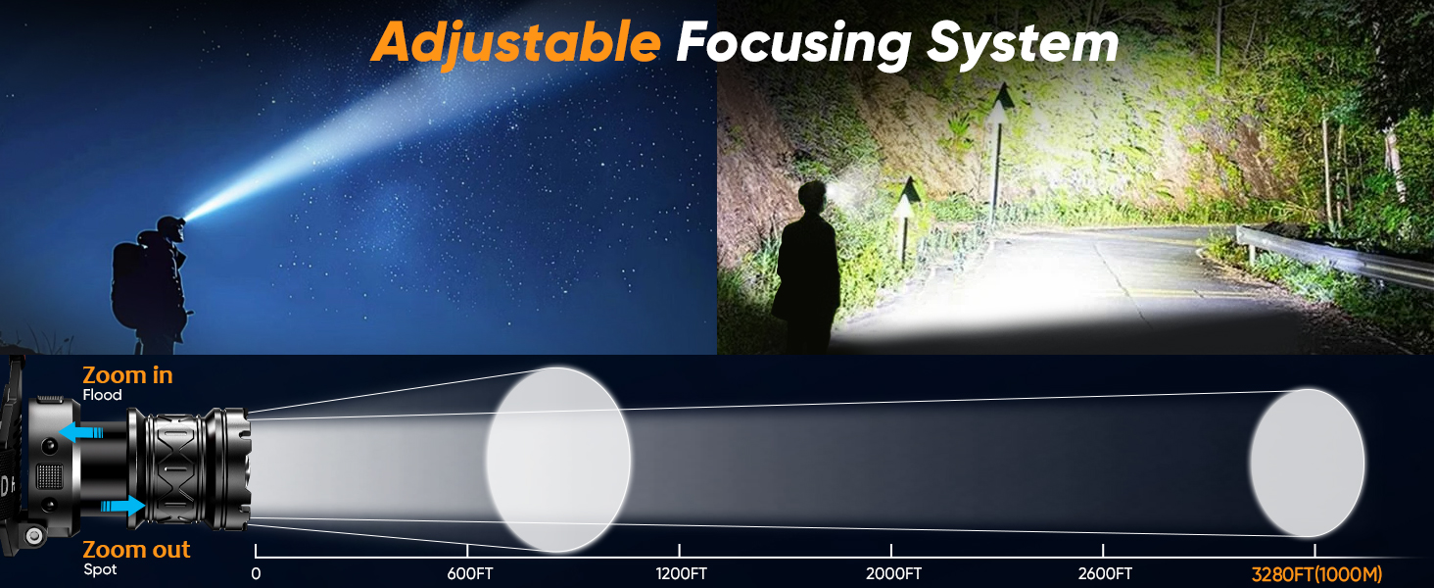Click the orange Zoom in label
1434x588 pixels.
(x=127, y=374)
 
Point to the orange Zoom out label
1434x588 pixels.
(x=136, y=549)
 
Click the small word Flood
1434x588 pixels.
(x=103, y=395)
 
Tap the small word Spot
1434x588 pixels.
(x=100, y=569)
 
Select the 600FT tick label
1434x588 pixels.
(x=467, y=573)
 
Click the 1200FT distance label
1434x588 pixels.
(x=679, y=573)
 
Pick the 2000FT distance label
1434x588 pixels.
(x=891, y=573)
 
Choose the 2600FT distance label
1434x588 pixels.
(x=1103, y=573)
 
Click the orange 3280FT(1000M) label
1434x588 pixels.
(x=1316, y=574)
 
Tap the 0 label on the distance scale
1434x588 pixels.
(x=256, y=573)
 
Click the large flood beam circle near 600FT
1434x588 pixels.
(x=558, y=459)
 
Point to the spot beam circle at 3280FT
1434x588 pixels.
(x=1307, y=463)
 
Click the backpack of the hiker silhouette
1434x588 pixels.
(x=130, y=287)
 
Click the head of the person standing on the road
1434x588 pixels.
(x=813, y=196)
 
